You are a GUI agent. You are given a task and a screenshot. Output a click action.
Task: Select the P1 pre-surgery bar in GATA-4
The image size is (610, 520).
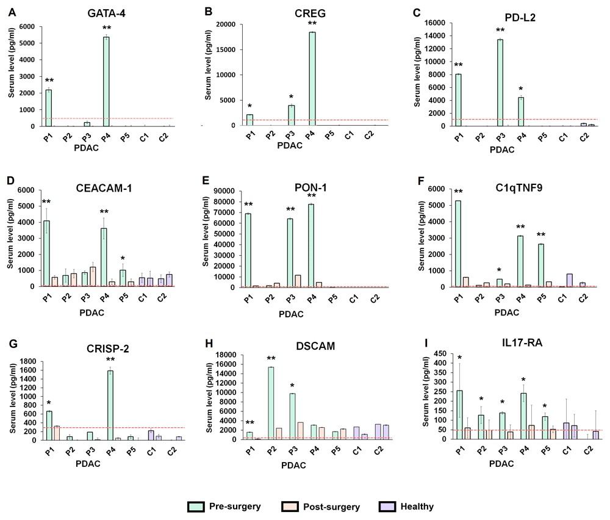pyautogui.click(x=48, y=108)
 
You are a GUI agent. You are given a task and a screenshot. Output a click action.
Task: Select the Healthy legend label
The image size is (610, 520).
pyautogui.click(x=417, y=507)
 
